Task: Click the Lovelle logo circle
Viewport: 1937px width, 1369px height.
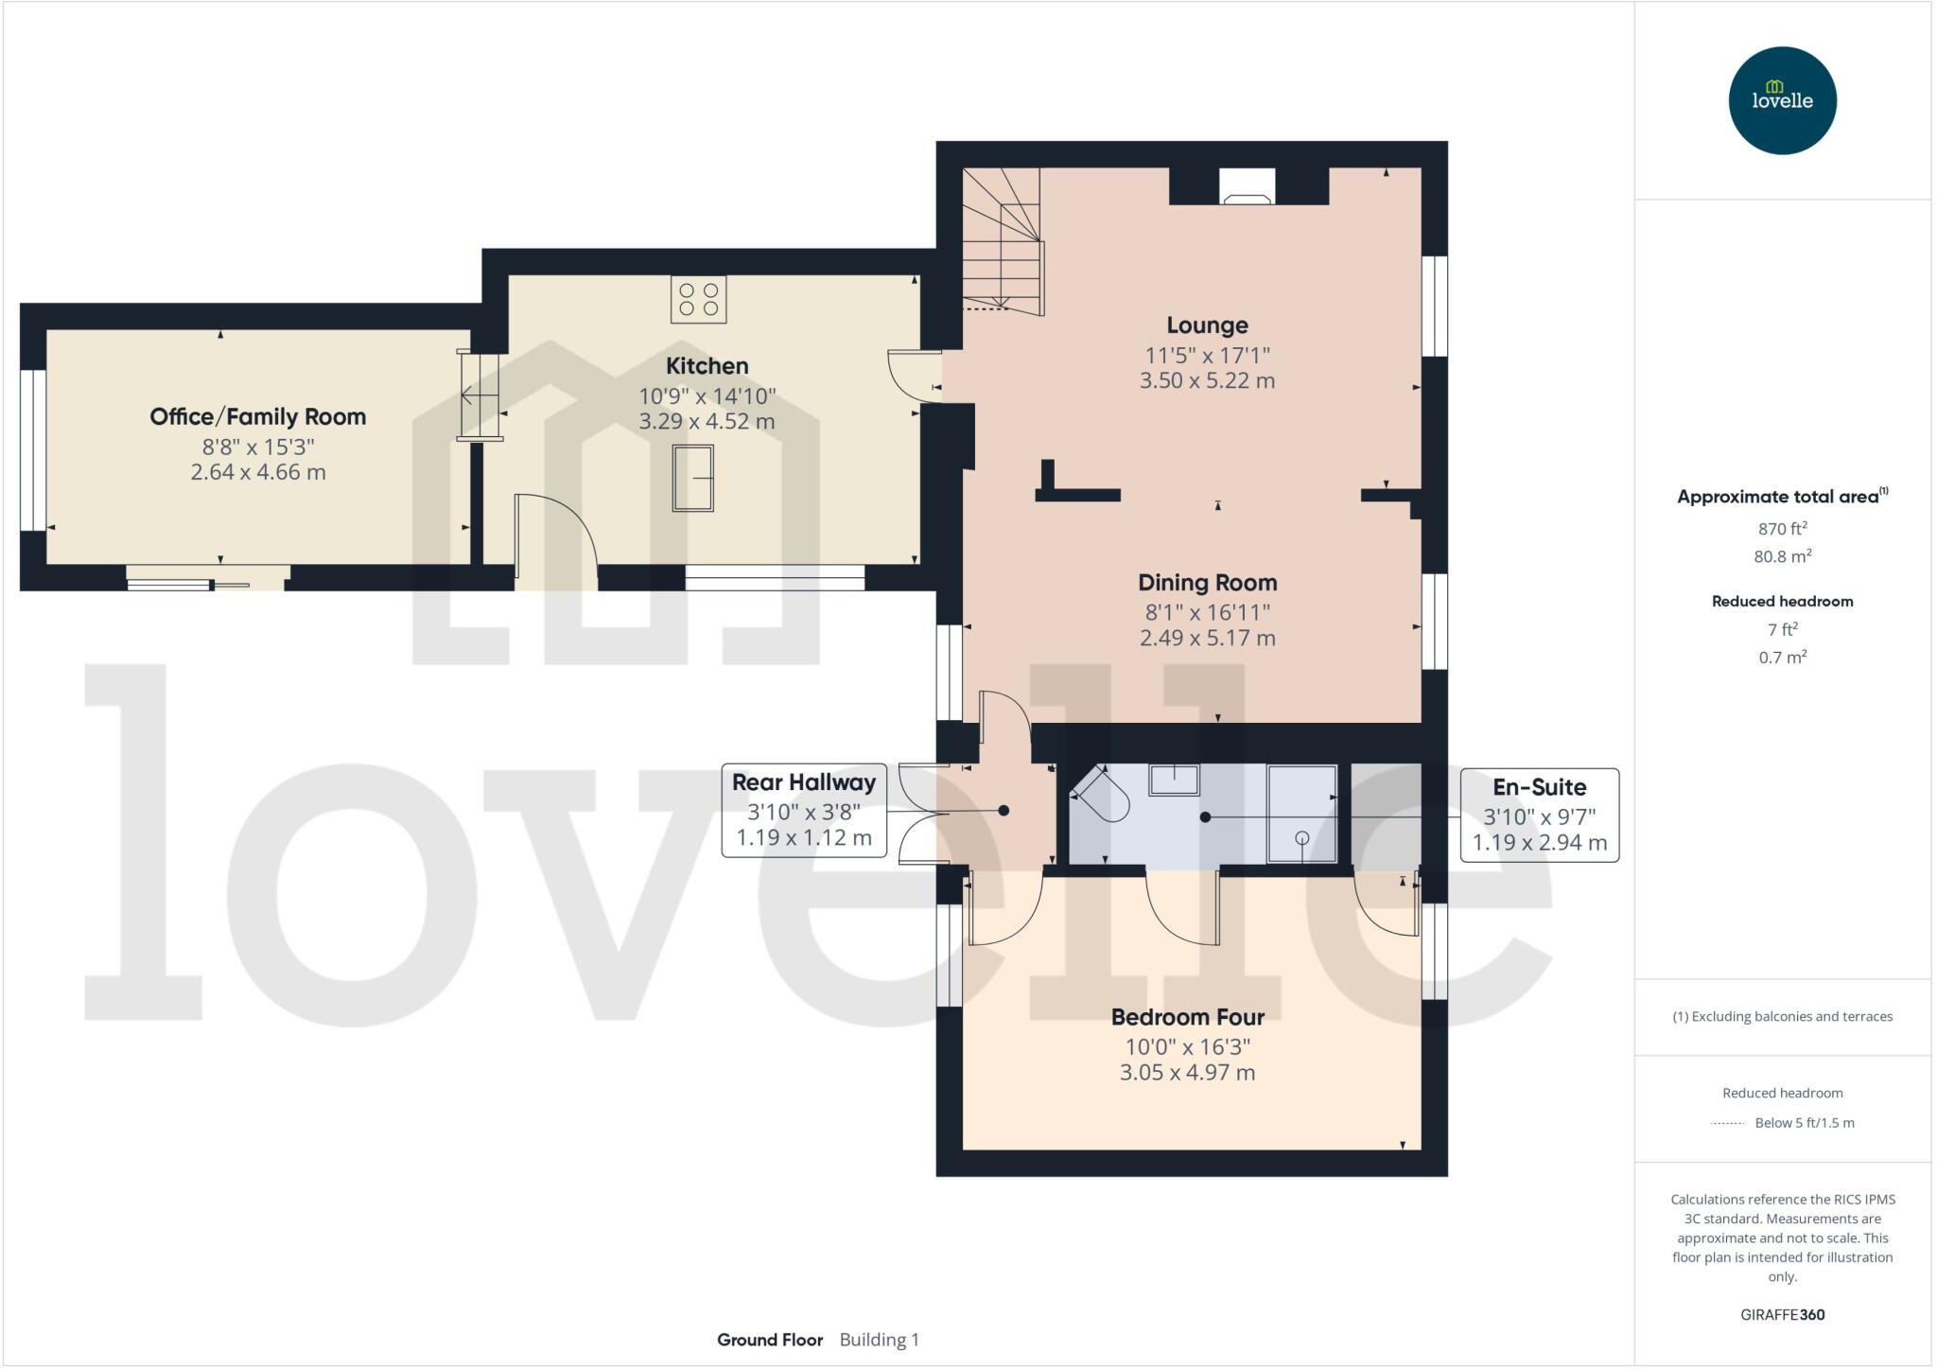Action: coord(1782,100)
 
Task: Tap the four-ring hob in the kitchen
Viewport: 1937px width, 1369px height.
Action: coord(698,299)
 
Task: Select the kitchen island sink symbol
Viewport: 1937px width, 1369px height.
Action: coord(692,478)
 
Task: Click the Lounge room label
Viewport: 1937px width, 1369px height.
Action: coord(1207,325)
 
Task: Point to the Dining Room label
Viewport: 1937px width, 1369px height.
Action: coord(1207,583)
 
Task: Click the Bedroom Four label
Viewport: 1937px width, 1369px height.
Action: coord(1187,1017)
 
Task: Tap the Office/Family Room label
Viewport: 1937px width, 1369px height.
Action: coord(257,417)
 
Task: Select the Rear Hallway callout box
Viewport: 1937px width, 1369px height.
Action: coord(804,810)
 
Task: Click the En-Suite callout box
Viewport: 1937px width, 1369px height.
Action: coord(1539,815)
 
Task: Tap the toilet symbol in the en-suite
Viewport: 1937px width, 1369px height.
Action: coord(1102,797)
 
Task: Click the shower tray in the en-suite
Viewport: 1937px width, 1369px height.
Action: coord(1301,814)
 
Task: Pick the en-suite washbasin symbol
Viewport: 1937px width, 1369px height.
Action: coord(1174,780)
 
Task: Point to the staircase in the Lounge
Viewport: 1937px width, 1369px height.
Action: coord(1003,241)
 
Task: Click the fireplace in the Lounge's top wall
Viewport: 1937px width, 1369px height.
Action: coord(1247,186)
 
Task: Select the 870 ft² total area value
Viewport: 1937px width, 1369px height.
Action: coord(1782,529)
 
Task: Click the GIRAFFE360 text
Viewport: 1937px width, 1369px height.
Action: coord(1782,1314)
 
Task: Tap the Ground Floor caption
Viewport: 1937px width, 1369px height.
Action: coord(770,1340)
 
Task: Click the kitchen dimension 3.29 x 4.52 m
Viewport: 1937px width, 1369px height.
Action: coord(707,422)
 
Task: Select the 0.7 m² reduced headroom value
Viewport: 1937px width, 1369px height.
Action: coord(1782,657)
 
